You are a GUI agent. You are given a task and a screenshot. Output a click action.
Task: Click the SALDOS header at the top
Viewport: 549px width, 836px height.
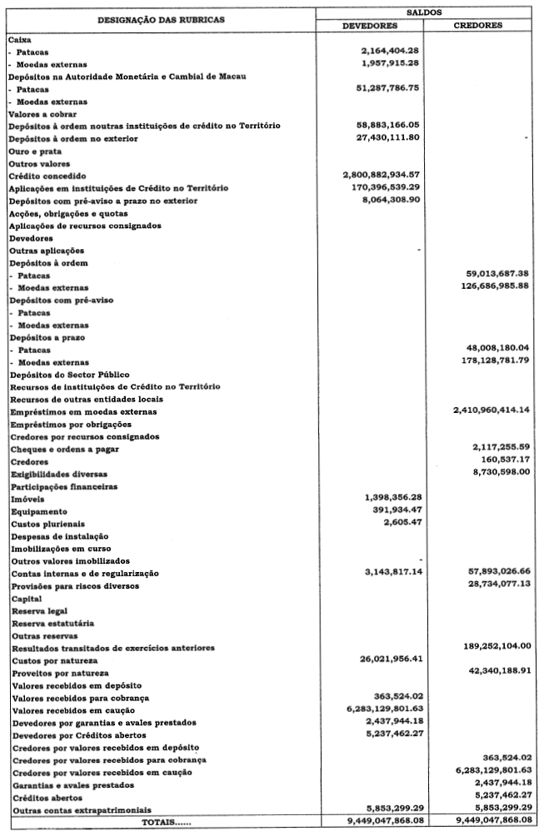pos(429,13)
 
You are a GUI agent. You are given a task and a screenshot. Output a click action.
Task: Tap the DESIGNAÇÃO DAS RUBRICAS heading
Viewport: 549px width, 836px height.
pos(159,19)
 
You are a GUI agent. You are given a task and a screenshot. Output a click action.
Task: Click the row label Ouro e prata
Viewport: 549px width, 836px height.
pos(33,151)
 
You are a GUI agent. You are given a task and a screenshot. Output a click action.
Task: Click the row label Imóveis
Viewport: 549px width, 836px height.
pos(26,499)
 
